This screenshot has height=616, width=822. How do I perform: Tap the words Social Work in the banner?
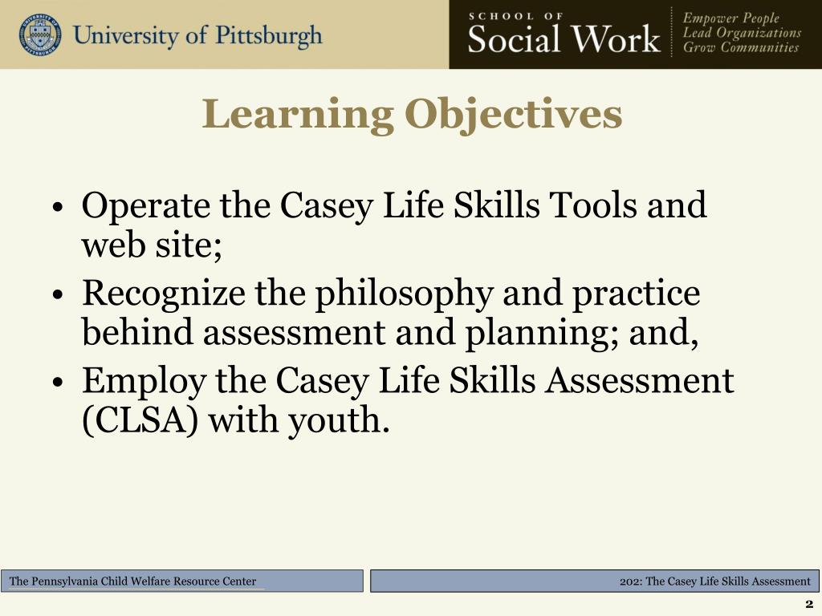[564, 38]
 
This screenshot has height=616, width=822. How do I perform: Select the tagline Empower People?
[730, 18]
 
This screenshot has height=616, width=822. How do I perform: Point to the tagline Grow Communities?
[740, 47]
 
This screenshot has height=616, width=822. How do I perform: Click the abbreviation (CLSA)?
[140, 419]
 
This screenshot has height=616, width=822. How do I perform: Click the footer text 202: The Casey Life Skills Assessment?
[715, 582]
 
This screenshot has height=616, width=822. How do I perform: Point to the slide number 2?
[808, 604]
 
